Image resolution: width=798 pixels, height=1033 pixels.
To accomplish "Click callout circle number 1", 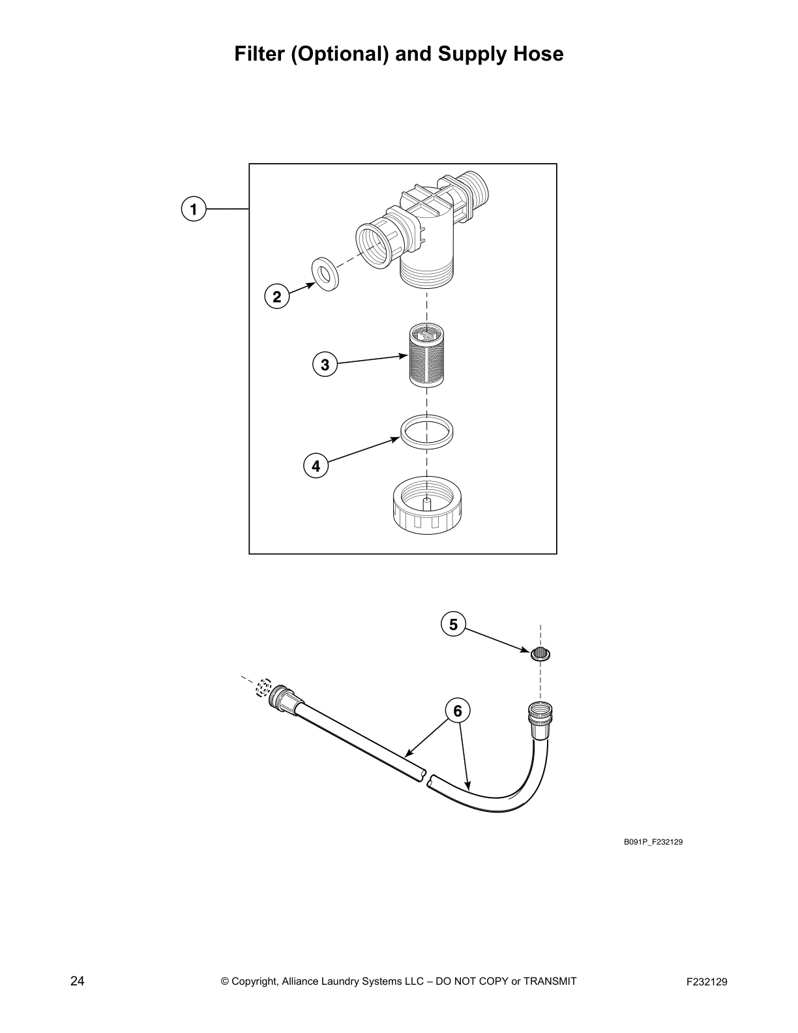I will coord(193,209).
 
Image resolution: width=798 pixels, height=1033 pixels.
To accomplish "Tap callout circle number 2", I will coord(277,297).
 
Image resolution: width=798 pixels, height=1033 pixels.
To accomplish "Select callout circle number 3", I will coord(325,364).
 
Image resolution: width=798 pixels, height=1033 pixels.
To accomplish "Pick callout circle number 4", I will coord(316,466).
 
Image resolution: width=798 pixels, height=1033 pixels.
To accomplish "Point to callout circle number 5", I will coord(453,625).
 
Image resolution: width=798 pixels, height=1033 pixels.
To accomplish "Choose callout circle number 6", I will coord(458,710).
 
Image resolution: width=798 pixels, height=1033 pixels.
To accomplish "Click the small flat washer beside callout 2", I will coord(324,274).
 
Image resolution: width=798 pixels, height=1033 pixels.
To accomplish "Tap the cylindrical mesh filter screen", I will coord(426,357).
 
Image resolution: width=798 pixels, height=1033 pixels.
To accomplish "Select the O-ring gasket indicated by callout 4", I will coord(427,432).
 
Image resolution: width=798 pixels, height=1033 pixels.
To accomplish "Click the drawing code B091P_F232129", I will coord(653,842).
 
